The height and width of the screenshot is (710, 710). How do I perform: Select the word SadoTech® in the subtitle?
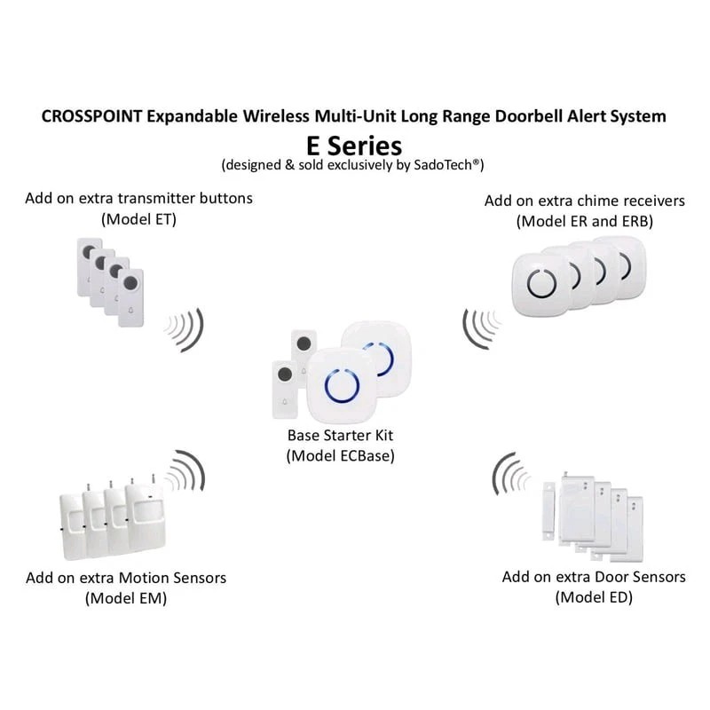click(448, 165)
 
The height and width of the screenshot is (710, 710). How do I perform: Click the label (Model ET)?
click(139, 218)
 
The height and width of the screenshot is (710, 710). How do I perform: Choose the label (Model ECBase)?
click(340, 455)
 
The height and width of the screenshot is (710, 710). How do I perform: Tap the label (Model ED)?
click(594, 597)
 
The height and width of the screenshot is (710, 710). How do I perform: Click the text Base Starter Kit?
click(340, 436)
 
